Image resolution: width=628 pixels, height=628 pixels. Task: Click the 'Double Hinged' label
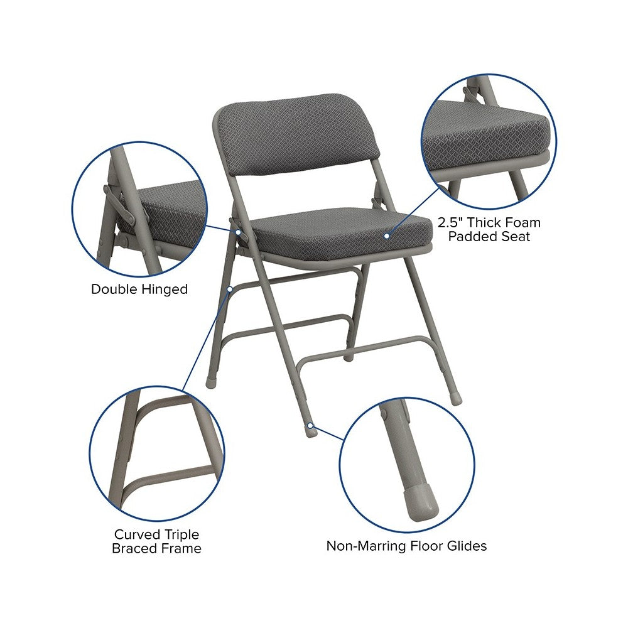139,289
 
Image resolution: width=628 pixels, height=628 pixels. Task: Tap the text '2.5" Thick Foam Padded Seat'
489,229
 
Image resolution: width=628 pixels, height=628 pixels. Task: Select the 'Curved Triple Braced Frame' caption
156,541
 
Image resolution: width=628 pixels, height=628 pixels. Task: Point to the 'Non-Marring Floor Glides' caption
406,546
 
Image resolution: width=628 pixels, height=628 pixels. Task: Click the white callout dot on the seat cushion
386,236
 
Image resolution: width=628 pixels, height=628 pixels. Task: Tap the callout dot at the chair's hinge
238,232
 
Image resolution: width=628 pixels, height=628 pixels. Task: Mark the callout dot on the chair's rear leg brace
230,289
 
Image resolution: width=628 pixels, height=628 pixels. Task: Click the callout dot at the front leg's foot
310,425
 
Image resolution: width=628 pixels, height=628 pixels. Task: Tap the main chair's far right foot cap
455,399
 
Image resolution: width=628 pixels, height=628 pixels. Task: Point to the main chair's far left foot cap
210,382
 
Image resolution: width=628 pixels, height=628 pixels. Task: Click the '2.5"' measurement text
450,222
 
